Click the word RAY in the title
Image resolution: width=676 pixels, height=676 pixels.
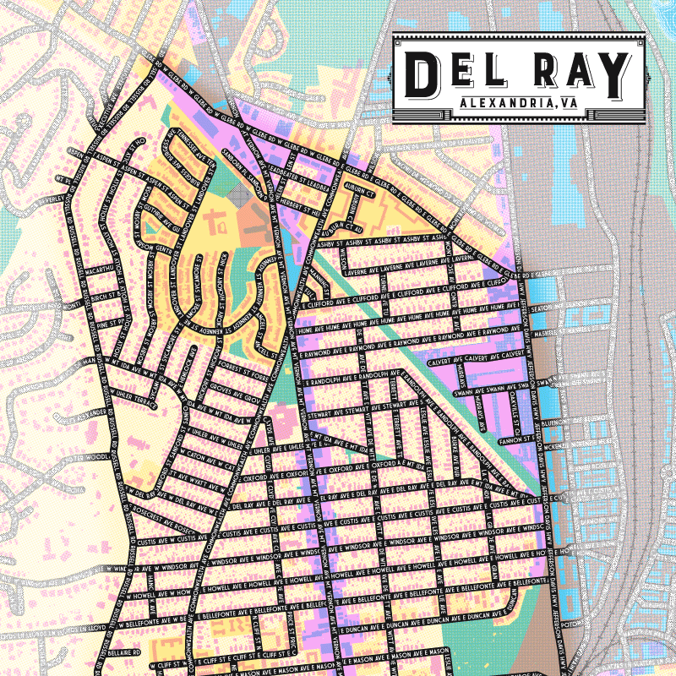click(582, 74)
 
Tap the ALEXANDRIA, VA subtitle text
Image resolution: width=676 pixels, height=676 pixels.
click(518, 104)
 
